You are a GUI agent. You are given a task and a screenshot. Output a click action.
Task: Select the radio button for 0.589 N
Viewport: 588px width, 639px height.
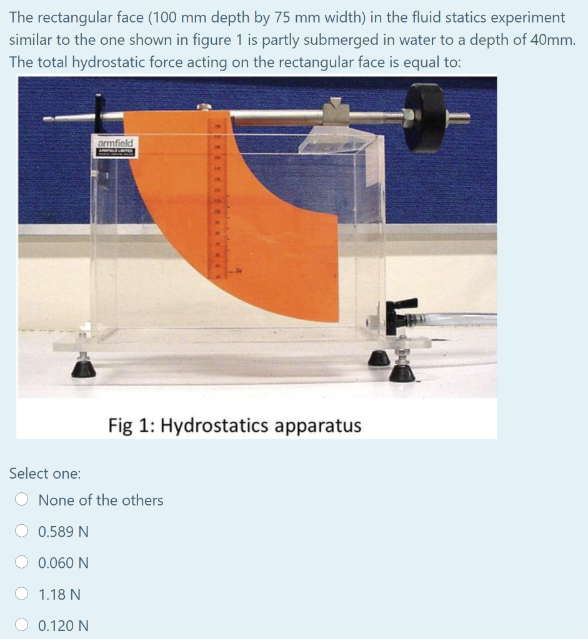coord(22,532)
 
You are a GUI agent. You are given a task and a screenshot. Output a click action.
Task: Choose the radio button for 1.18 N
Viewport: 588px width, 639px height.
coord(22,594)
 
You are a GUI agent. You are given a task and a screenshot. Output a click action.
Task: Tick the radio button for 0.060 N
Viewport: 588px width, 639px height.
coord(22,563)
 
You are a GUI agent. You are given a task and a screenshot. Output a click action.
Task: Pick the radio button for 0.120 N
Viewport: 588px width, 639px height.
coord(22,625)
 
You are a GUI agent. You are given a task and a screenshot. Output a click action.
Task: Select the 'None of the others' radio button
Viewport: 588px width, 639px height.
coord(22,500)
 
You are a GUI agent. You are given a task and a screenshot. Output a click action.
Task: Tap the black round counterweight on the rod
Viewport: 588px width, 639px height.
coord(427,118)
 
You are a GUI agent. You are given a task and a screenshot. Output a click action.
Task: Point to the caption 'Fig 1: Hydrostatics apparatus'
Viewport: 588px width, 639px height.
coord(234,426)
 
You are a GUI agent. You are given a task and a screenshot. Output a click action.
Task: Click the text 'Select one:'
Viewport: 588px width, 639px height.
coord(45,474)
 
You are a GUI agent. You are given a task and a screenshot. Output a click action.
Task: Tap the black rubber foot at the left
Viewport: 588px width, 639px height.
coord(84,369)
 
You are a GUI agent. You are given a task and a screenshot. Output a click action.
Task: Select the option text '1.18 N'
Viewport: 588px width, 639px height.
coord(59,594)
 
